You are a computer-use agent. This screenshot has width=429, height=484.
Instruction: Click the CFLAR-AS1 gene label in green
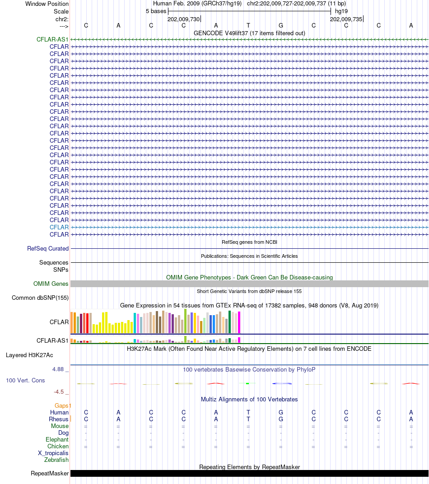pos(52,40)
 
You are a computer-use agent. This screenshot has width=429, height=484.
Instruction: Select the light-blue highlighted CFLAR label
pos(59,228)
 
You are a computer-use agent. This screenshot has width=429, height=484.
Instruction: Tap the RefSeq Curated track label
pos(48,249)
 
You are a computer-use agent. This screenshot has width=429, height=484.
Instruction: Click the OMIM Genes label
pos(51,284)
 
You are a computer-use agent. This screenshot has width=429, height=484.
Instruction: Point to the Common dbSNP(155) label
pos(40,298)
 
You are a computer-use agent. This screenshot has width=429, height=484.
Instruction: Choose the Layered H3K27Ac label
pos(29,355)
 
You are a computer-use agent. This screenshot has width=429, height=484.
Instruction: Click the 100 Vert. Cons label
pos(25,381)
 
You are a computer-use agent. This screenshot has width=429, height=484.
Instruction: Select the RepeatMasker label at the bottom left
pos(50,474)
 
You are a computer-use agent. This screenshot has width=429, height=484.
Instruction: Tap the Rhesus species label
pos(59,419)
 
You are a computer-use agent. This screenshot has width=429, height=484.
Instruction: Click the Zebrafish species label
pos(56,460)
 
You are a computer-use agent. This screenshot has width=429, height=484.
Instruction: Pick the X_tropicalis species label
pos(53,453)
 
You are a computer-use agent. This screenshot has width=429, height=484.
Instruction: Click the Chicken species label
pos(58,447)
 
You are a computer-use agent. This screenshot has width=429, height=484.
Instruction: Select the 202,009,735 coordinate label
pos(346,19)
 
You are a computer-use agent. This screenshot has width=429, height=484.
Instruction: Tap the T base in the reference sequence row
pos(248,25)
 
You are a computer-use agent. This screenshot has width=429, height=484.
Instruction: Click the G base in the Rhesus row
pos(281,419)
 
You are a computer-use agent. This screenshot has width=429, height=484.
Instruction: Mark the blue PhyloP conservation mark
pos(282,383)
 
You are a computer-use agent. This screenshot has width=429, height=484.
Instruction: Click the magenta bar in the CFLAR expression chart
pos(239,322)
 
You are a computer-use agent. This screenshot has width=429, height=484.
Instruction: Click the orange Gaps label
pos(63,406)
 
